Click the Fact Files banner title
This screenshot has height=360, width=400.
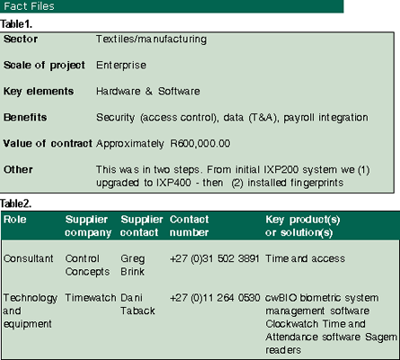[x=29, y=6]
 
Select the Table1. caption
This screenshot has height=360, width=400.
[x=16, y=24]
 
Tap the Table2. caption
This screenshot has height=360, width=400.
[x=16, y=203]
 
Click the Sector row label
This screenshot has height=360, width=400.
[x=21, y=39]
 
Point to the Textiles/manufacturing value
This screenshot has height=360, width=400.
[x=151, y=40]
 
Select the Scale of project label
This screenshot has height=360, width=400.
[x=44, y=66]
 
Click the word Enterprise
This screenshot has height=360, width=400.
[x=121, y=65]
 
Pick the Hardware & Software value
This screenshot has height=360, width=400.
[x=148, y=91]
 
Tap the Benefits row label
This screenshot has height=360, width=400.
[x=25, y=117]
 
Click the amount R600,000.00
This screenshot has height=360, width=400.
[x=200, y=143]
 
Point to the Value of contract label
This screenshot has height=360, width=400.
[x=48, y=143]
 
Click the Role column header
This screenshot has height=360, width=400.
[x=15, y=220]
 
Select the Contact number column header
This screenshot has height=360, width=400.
[x=190, y=226]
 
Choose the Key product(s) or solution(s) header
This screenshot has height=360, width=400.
[x=303, y=226]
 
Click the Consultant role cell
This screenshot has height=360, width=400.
[x=29, y=258]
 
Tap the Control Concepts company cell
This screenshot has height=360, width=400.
[x=87, y=265]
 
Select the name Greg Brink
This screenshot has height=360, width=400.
[x=133, y=265]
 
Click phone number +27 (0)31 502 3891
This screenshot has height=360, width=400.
[x=215, y=258]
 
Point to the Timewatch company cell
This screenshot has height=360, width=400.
[x=91, y=298]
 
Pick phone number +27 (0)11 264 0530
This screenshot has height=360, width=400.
[x=215, y=298]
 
